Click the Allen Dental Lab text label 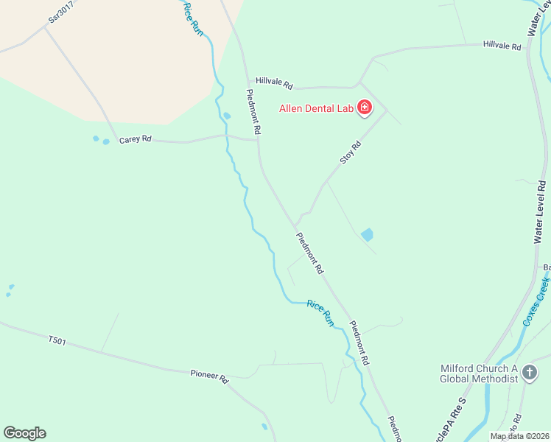click(x=317, y=109)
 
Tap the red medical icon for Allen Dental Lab click(x=364, y=109)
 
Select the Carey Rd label click(x=135, y=138)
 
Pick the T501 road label click(x=57, y=340)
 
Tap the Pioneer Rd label click(x=210, y=375)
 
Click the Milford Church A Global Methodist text click(x=479, y=373)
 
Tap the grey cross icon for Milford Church click(x=529, y=373)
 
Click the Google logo click(x=24, y=433)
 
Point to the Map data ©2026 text click(x=519, y=436)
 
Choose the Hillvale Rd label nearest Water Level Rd click(x=502, y=46)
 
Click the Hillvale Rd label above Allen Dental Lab click(x=275, y=82)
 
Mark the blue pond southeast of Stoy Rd click(x=367, y=235)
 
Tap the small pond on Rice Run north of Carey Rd click(x=227, y=116)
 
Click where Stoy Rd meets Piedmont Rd click(x=295, y=225)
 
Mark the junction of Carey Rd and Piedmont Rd click(x=258, y=139)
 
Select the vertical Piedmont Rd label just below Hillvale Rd click(x=253, y=111)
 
